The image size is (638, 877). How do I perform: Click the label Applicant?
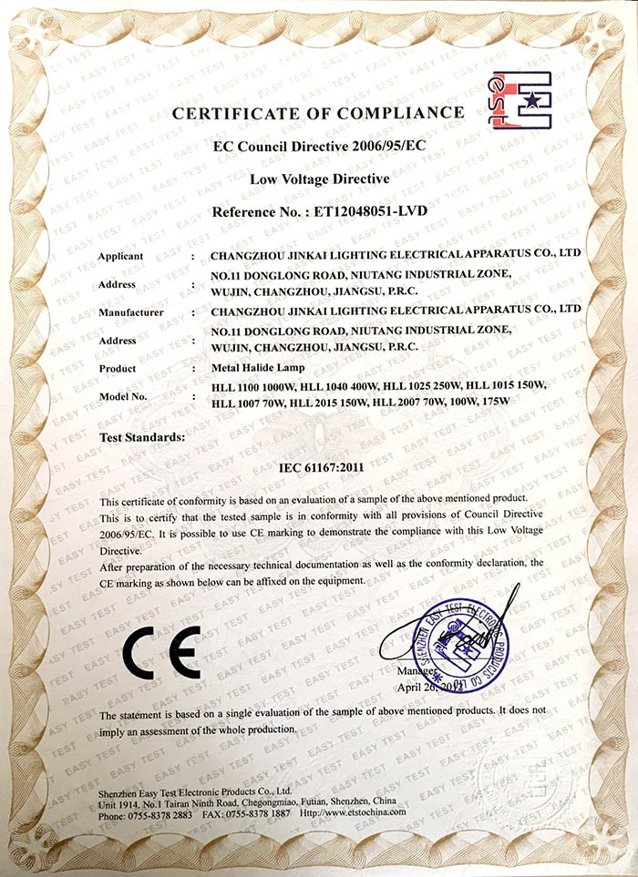click(121, 256)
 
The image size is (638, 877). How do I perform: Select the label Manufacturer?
click(130, 311)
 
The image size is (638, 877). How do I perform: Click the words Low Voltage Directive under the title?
click(319, 179)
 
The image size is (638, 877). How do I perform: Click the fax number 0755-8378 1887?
click(258, 813)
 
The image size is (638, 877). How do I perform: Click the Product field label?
click(118, 368)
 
